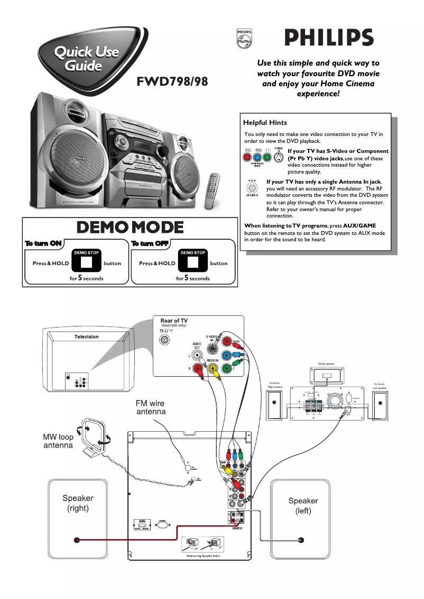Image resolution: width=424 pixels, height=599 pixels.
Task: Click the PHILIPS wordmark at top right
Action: click(x=329, y=38)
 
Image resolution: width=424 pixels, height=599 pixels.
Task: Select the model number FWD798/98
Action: click(x=172, y=82)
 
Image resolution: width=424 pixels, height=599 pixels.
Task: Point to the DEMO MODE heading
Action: click(x=130, y=228)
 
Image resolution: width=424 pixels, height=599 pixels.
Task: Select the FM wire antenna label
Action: click(x=151, y=407)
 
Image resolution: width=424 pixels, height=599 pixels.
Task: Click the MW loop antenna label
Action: click(x=58, y=441)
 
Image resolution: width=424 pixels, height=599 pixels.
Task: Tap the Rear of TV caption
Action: click(x=174, y=321)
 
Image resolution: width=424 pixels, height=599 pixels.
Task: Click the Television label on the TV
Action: click(x=86, y=337)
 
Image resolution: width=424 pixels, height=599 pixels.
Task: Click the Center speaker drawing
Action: click(x=327, y=376)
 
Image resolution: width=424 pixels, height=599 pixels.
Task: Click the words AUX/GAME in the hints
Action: click(x=360, y=225)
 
